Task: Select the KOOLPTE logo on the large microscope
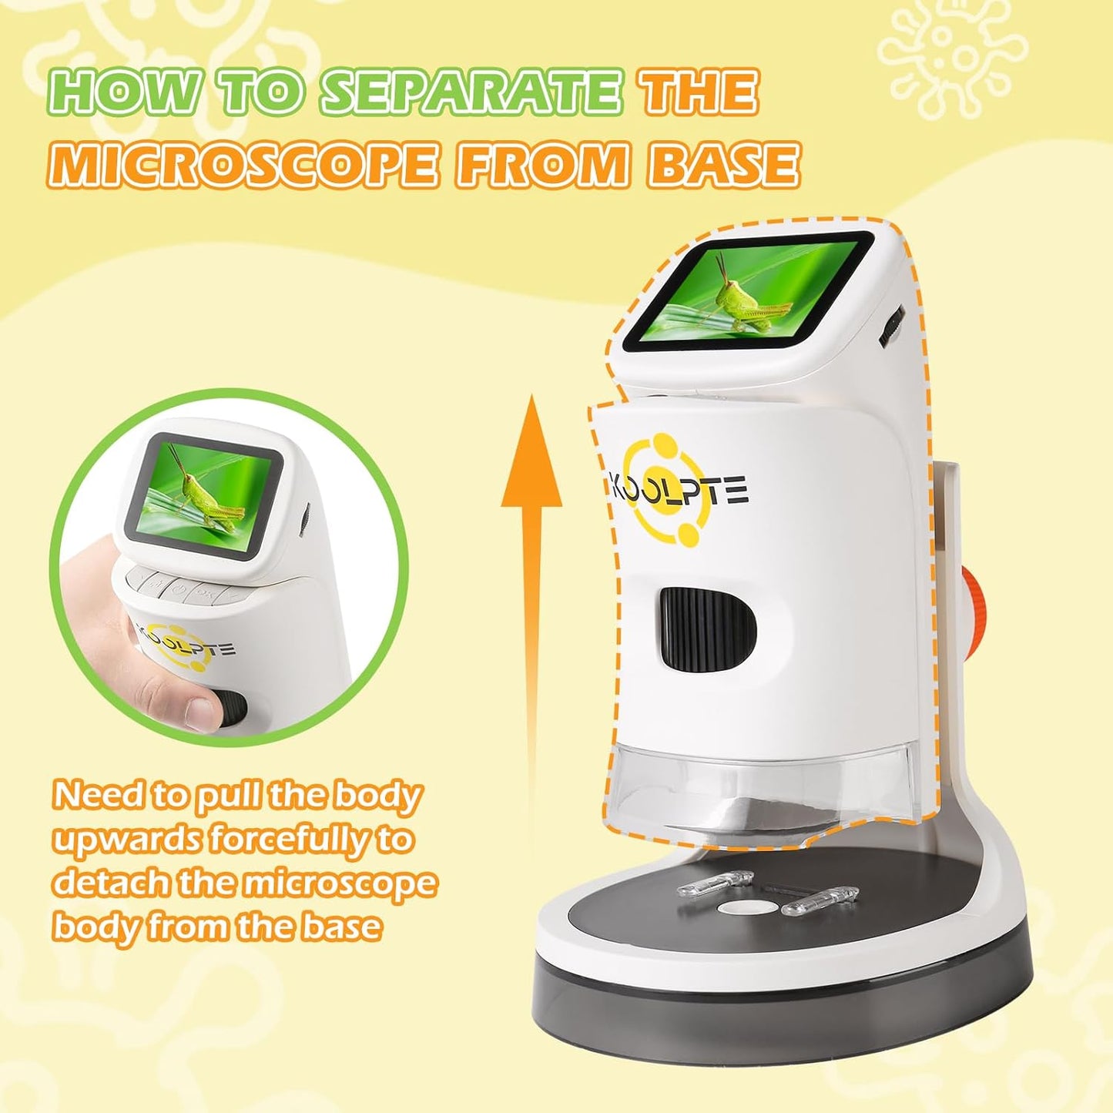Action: (x=678, y=491)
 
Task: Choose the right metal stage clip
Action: (x=820, y=900)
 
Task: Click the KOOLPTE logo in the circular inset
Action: (x=185, y=644)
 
